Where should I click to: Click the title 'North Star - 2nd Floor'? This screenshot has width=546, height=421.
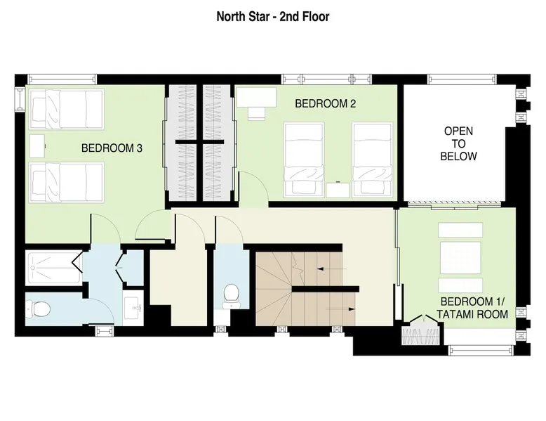click(x=273, y=16)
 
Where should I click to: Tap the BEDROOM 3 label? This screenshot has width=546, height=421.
click(x=112, y=148)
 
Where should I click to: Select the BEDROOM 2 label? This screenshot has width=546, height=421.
click(x=325, y=103)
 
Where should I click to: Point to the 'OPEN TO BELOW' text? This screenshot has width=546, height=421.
click(x=458, y=143)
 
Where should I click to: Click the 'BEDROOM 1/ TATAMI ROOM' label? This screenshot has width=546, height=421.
click(x=472, y=308)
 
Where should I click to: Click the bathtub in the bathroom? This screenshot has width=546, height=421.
click(x=54, y=268)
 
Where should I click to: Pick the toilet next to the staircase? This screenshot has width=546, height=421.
click(x=230, y=296)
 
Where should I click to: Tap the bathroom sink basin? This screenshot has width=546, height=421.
click(x=133, y=309)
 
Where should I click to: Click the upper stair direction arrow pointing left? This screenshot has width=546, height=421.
click(x=332, y=269)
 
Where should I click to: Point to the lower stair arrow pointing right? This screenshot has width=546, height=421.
click(x=340, y=309)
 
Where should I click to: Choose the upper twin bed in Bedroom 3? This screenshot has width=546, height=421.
click(x=67, y=110)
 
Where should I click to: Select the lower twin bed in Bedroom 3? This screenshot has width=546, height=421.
click(x=67, y=182)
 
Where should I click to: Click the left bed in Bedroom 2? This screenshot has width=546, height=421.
click(x=304, y=159)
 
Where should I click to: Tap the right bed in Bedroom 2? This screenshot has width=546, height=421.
click(x=372, y=159)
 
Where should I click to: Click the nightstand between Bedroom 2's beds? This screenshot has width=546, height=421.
click(x=338, y=190)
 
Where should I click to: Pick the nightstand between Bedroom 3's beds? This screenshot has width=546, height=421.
click(x=37, y=146)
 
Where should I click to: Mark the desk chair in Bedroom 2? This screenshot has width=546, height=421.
click(x=257, y=114)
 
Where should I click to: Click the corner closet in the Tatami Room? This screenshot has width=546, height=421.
click(x=422, y=330)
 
